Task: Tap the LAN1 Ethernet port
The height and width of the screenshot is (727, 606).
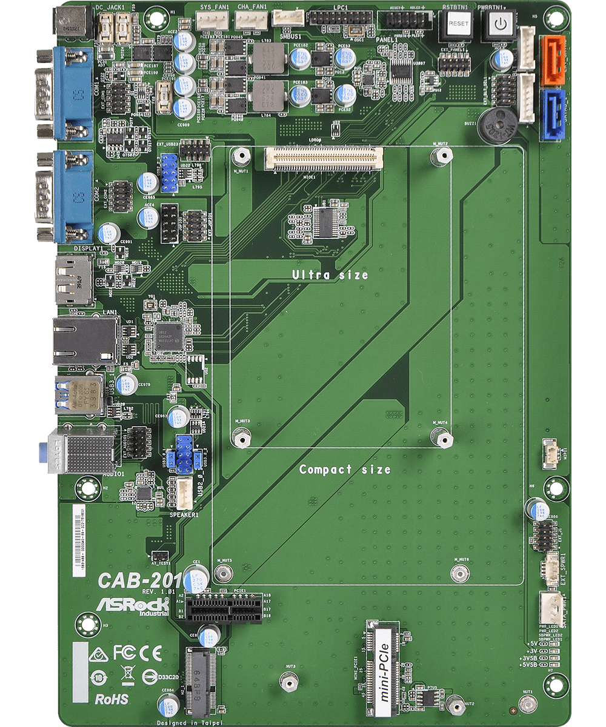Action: (x=85, y=341)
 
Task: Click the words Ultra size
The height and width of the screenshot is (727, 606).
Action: (x=330, y=275)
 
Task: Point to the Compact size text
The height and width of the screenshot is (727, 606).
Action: (x=345, y=470)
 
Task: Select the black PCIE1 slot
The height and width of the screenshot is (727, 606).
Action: (x=224, y=606)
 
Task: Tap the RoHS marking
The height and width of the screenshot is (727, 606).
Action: (x=112, y=699)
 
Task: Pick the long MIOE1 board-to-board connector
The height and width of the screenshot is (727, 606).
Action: (x=324, y=158)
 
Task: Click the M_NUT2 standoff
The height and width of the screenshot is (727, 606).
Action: (x=442, y=156)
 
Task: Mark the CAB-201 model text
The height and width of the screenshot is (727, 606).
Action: (x=136, y=579)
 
